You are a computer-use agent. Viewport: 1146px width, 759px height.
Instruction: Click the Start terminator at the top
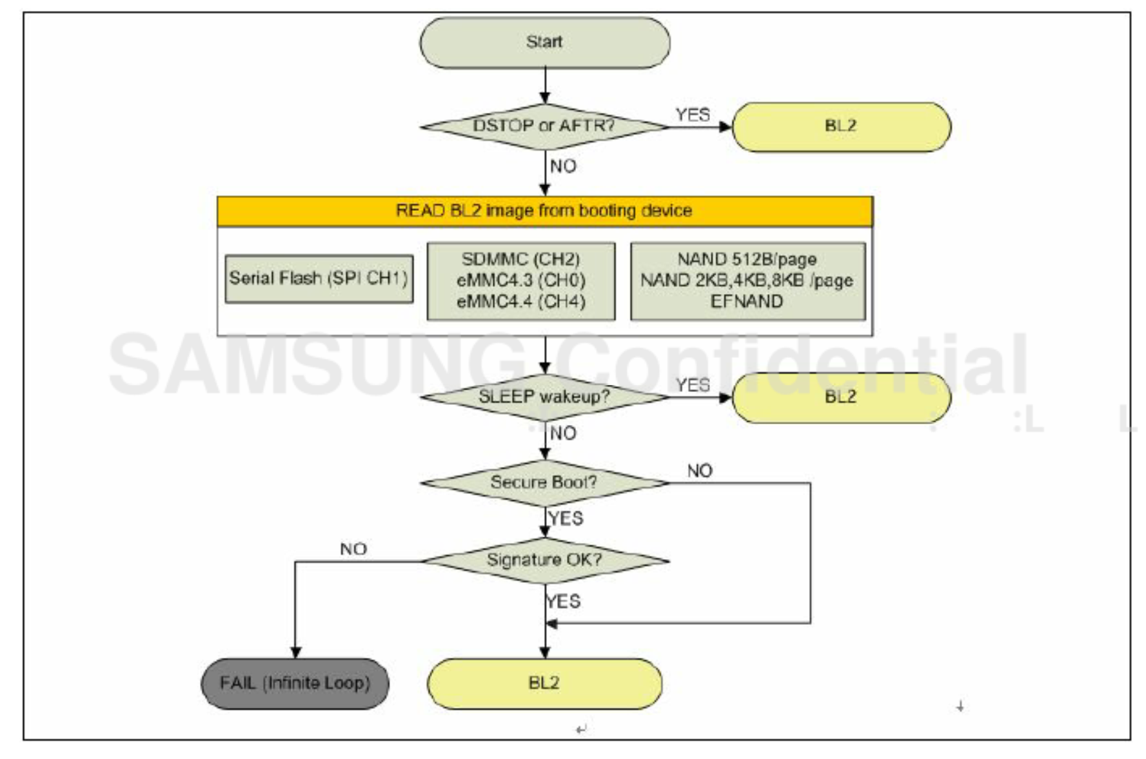pyautogui.click(x=544, y=43)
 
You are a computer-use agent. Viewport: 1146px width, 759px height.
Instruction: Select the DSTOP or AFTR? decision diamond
pyautogui.click(x=544, y=126)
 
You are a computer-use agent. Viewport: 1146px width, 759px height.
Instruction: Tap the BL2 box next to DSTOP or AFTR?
pyautogui.click(x=841, y=126)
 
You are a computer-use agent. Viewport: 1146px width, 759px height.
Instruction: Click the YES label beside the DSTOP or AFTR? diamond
pyautogui.click(x=693, y=115)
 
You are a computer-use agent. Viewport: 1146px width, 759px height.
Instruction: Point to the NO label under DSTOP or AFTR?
pyautogui.click(x=563, y=166)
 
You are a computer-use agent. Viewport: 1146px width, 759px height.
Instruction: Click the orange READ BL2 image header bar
pyautogui.click(x=544, y=211)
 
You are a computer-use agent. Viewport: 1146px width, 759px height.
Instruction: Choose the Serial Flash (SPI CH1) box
pyautogui.click(x=319, y=279)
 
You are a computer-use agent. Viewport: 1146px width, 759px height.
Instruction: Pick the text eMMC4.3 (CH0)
pyautogui.click(x=521, y=281)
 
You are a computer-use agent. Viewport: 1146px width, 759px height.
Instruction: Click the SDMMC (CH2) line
pyautogui.click(x=521, y=259)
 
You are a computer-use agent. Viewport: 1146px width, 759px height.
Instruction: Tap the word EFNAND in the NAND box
pyautogui.click(x=747, y=301)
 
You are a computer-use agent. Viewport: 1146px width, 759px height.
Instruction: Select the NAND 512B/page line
pyautogui.click(x=747, y=259)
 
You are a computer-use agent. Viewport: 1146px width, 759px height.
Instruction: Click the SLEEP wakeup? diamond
pyautogui.click(x=544, y=397)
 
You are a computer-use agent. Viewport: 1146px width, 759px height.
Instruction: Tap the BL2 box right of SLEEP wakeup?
pyautogui.click(x=841, y=397)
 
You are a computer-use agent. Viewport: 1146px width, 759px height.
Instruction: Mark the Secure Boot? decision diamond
pyautogui.click(x=544, y=482)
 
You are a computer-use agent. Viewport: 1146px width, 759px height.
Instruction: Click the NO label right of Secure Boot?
pyautogui.click(x=700, y=471)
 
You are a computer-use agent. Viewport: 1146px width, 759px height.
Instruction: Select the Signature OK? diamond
pyautogui.click(x=544, y=560)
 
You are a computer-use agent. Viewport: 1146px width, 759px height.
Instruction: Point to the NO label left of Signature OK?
pyautogui.click(x=353, y=549)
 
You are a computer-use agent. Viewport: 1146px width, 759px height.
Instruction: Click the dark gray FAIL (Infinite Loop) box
pyautogui.click(x=295, y=683)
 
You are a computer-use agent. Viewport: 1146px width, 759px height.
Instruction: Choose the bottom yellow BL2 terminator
pyautogui.click(x=544, y=683)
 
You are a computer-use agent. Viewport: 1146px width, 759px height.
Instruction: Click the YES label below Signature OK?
pyautogui.click(x=564, y=602)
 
